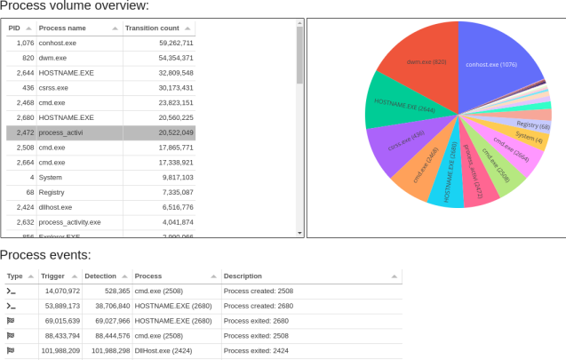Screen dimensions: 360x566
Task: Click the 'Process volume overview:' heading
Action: click(75, 7)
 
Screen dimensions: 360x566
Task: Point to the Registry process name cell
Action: click(52, 192)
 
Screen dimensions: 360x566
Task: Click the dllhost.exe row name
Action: click(55, 207)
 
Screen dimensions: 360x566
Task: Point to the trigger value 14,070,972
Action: click(61, 291)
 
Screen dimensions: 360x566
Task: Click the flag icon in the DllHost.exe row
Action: click(11, 350)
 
